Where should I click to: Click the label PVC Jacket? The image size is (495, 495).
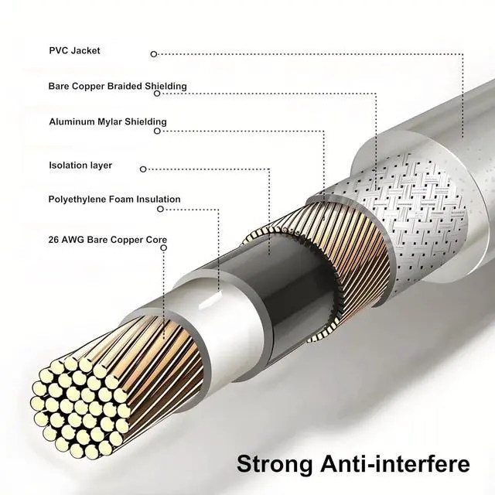74,51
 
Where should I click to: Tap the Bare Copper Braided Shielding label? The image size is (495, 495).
118,86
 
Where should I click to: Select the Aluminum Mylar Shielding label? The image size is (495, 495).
108,121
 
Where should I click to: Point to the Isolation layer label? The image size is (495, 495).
80,166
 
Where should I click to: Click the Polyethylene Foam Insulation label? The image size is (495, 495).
114,200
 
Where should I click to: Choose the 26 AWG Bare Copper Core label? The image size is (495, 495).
108,240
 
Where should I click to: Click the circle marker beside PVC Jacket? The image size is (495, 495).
154,54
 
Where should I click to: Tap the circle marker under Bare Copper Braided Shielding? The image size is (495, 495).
157,94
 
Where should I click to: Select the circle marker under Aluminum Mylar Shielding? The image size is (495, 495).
157,131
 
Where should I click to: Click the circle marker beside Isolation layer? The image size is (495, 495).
142,167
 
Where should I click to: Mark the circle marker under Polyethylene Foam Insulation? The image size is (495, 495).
160,209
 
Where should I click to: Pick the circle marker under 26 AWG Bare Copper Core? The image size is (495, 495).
162,249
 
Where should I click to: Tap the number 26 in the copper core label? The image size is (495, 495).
55,240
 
